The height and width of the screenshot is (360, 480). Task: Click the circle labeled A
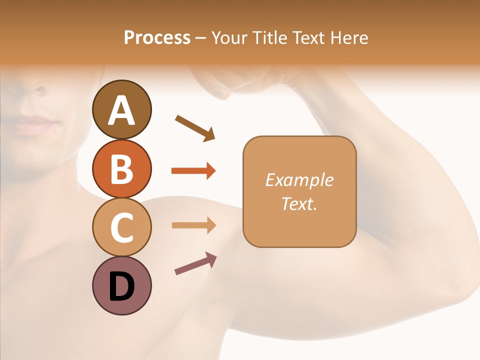(121, 109)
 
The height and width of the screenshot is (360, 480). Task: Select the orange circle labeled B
(121, 168)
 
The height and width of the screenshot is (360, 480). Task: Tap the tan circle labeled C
(121, 227)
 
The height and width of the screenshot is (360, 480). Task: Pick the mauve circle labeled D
(121, 285)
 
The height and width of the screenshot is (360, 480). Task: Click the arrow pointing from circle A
(195, 127)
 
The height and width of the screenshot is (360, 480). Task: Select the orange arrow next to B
(193, 171)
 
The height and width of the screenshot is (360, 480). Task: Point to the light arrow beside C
(193, 225)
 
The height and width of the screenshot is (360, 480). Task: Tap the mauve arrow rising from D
(195, 263)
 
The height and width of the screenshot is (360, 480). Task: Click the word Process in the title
(157, 37)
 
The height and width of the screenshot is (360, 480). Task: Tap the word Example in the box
(299, 180)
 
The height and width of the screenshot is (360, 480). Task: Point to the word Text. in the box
(299, 203)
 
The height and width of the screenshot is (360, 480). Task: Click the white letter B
(121, 168)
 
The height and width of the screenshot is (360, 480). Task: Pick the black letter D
(121, 286)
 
